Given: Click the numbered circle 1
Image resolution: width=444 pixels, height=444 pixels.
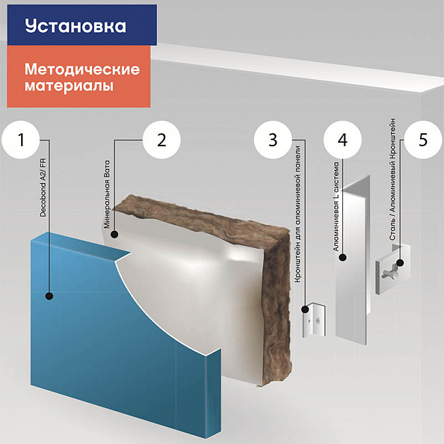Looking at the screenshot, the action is pyautogui.click(x=20, y=139).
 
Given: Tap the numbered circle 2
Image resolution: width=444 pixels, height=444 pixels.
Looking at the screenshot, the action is pyautogui.click(x=161, y=139).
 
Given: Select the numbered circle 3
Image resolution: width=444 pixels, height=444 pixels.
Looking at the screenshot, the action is pyautogui.click(x=273, y=139).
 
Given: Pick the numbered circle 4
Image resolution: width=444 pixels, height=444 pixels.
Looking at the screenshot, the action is pyautogui.click(x=343, y=139).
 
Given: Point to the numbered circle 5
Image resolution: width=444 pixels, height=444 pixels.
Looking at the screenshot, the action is pyautogui.click(x=423, y=139).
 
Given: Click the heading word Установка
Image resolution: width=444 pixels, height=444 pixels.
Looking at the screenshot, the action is pyautogui.click(x=75, y=26).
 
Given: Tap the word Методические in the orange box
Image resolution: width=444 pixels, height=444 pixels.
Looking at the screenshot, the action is pyautogui.click(x=82, y=70).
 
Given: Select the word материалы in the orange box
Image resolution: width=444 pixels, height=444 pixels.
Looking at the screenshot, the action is pyautogui.click(x=69, y=85).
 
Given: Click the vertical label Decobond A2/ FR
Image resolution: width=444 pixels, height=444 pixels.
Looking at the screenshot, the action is pyautogui.click(x=43, y=187).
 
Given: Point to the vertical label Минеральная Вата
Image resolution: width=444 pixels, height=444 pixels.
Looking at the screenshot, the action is pyautogui.click(x=107, y=195).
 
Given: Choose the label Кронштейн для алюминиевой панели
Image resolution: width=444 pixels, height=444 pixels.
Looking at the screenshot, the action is pyautogui.click(x=298, y=214).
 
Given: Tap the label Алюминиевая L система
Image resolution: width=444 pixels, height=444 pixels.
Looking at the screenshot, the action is pyautogui.click(x=336, y=207).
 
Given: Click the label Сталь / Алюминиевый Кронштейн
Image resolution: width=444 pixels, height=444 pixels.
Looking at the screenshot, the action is pyautogui.click(x=393, y=179).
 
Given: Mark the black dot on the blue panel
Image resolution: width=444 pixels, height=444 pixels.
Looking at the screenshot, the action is pyautogui.click(x=49, y=296).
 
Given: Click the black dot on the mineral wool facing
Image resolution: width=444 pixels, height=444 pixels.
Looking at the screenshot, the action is pyautogui.click(x=115, y=234).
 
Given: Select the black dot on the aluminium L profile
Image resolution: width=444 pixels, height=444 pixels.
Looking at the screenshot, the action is pyautogui.click(x=343, y=258).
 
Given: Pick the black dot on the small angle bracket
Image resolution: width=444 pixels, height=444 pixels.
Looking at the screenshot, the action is pyautogui.click(x=305, y=309).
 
